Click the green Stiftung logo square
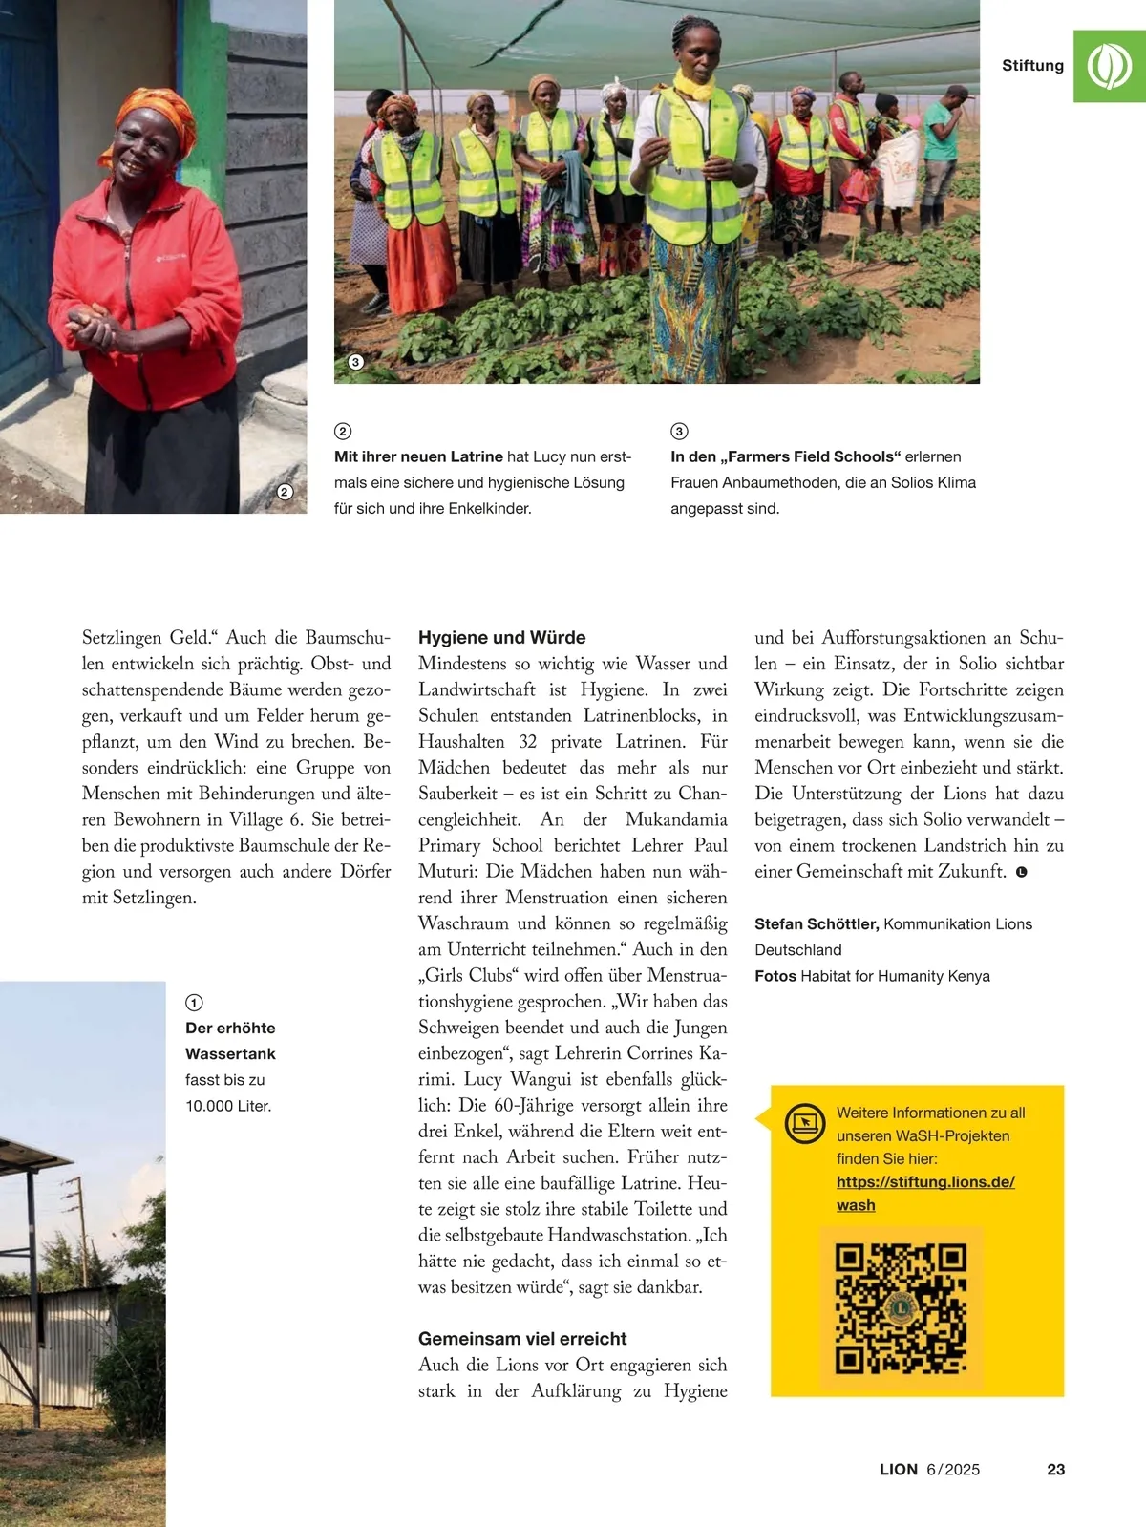point(1109,66)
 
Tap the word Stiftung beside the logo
point(1032,66)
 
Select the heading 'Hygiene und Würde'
point(501,637)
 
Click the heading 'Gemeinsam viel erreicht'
point(522,1338)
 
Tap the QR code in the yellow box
point(901,1307)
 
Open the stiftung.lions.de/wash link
point(924,1182)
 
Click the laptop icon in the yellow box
point(804,1122)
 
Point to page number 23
point(1055,1470)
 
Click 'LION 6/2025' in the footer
point(929,1470)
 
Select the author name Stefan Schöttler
point(816,923)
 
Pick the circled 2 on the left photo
point(285,492)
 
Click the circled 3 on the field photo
point(355,362)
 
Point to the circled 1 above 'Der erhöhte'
point(194,1002)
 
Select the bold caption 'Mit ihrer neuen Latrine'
point(418,456)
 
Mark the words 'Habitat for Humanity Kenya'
point(895,976)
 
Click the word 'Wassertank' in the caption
point(230,1053)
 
